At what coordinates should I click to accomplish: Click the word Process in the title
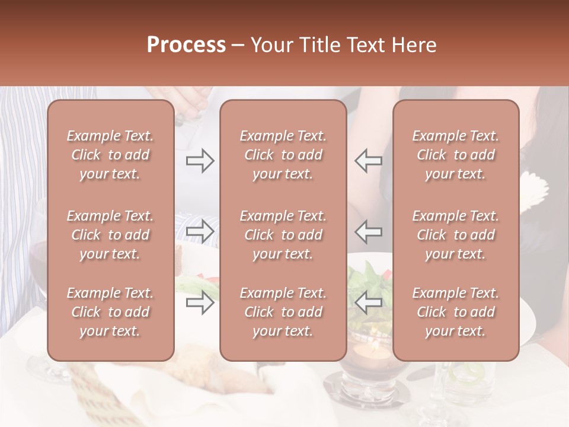186,45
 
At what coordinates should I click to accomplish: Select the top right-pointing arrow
200,161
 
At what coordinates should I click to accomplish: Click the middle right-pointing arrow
200,231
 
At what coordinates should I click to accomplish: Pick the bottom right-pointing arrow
200,302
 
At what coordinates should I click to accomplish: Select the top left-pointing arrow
368,161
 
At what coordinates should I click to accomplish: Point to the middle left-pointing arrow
368,231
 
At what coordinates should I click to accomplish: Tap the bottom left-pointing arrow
368,302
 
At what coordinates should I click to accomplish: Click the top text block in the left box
110,155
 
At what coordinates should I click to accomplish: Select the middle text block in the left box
110,235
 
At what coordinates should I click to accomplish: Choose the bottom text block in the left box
110,312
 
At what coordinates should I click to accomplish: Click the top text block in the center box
283,155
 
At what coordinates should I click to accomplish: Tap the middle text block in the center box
283,235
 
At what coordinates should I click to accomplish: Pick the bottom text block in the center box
283,312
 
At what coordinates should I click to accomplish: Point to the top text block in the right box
455,155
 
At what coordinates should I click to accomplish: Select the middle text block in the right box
455,235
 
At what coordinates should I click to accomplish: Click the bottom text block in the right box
455,312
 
